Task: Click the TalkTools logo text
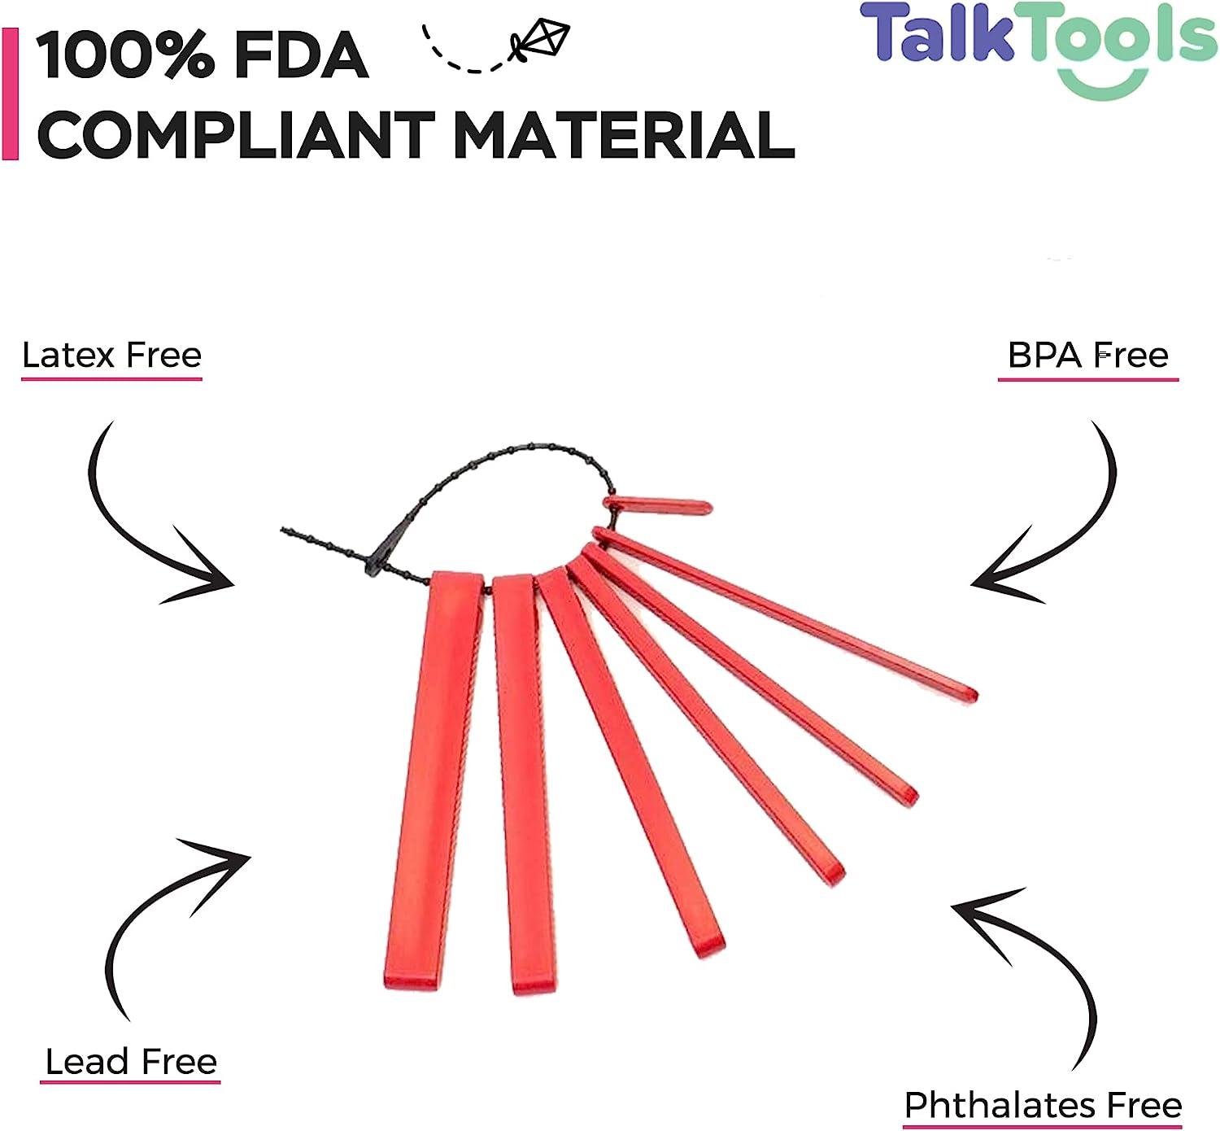[x=1037, y=37]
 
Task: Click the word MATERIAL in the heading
[x=622, y=134]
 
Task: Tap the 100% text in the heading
[x=122, y=57]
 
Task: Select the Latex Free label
[x=111, y=356]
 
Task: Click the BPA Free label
[x=1087, y=356]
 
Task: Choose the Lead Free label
[x=131, y=1062]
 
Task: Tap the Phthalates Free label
[x=1043, y=1105]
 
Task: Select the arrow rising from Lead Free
[x=163, y=911]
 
